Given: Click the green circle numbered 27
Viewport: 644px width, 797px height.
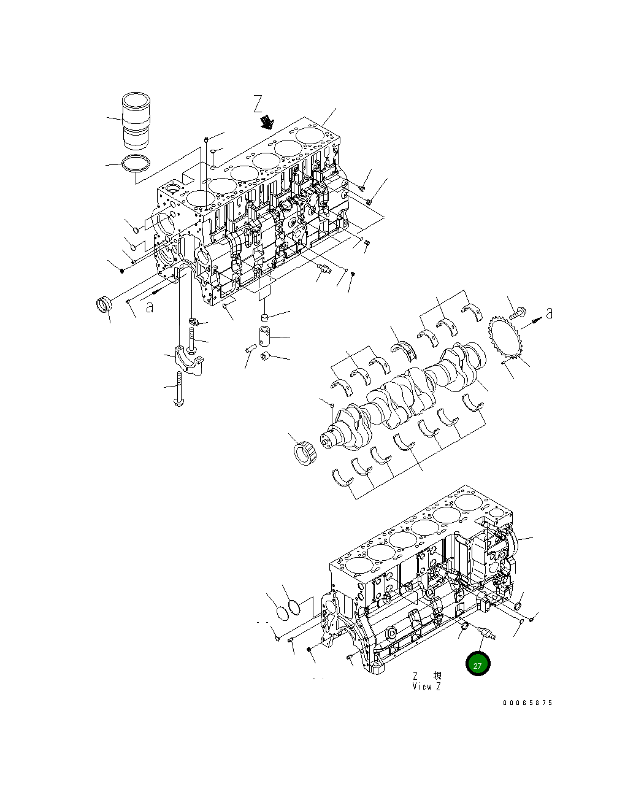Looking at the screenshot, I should coord(478,664).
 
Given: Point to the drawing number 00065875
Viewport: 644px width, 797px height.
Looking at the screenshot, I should coord(527,703).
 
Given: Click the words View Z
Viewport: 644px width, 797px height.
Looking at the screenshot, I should coord(426,687).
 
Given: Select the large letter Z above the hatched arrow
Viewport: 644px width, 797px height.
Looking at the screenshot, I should coord(258,104).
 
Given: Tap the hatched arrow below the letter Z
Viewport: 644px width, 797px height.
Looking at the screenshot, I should coord(267,122).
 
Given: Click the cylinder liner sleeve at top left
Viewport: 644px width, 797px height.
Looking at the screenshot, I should coord(136,121).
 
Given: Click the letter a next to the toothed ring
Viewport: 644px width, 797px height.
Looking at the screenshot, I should coord(549,313).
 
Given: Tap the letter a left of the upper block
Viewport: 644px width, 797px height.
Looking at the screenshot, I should coord(150,306).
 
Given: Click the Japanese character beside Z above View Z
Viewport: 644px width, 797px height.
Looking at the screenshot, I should coord(437,676).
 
